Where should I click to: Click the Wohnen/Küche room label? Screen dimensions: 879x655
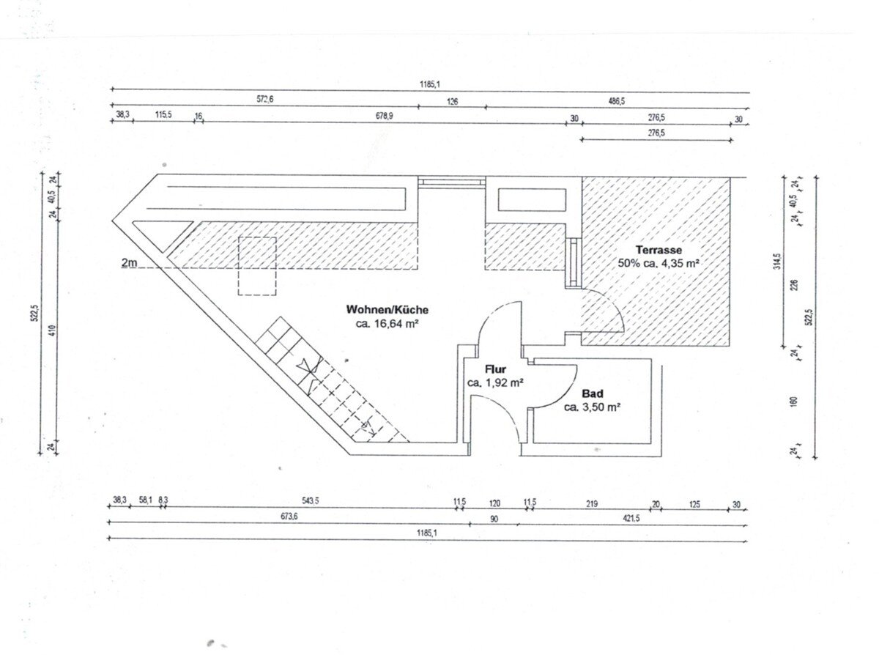[x=387, y=309]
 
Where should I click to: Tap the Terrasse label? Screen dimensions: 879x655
[x=659, y=250]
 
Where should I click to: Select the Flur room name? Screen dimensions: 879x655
[x=495, y=369]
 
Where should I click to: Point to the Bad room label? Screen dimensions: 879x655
[x=593, y=393]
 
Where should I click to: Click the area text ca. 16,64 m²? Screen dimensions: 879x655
[x=387, y=324]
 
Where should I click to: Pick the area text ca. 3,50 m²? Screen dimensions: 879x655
[x=592, y=407]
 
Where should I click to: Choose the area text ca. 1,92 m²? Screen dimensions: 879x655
[x=495, y=382]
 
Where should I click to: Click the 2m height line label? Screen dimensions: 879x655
[x=129, y=262]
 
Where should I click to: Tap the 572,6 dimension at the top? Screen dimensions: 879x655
[x=264, y=99]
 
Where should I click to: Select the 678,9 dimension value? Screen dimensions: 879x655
[x=385, y=116]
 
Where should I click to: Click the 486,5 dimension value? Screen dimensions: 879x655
[x=617, y=101]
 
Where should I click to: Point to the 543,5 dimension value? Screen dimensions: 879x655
[x=311, y=500]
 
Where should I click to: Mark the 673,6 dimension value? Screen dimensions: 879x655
[x=289, y=517]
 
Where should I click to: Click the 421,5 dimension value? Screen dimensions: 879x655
[x=631, y=518]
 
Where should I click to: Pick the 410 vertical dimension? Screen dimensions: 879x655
[x=53, y=330]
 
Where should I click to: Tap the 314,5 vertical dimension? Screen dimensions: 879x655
[x=777, y=262]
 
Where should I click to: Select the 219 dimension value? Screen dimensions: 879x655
[x=592, y=504]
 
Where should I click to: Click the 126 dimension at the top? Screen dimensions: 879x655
[x=452, y=102]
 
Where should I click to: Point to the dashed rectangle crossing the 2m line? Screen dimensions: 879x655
[x=257, y=266]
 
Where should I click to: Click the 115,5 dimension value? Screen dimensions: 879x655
[x=163, y=114]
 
